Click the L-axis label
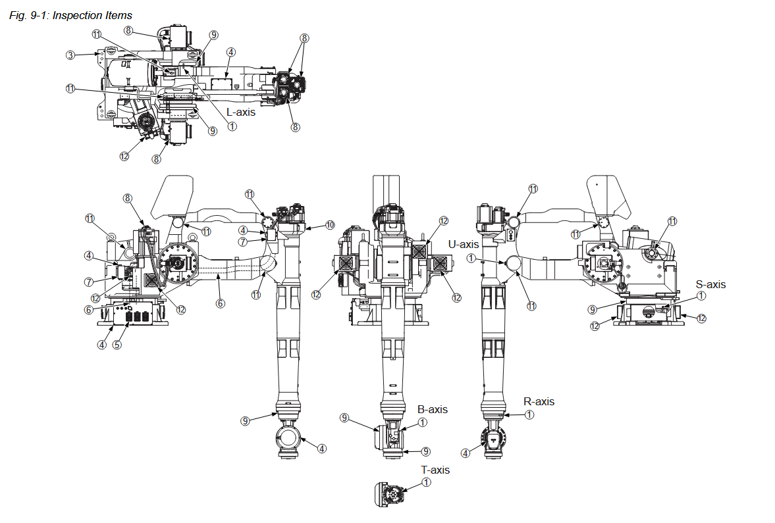click(240, 112)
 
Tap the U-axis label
click(462, 245)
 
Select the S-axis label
click(711, 285)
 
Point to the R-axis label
click(539, 401)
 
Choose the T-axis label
click(435, 470)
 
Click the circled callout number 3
click(70, 55)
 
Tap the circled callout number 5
click(117, 344)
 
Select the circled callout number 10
click(331, 226)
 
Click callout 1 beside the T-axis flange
click(426, 482)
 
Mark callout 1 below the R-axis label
click(529, 414)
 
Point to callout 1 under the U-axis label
click(471, 259)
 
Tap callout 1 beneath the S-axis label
click(701, 296)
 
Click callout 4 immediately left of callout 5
click(102, 344)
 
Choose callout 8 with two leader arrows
click(304, 38)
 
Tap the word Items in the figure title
click(117, 15)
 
